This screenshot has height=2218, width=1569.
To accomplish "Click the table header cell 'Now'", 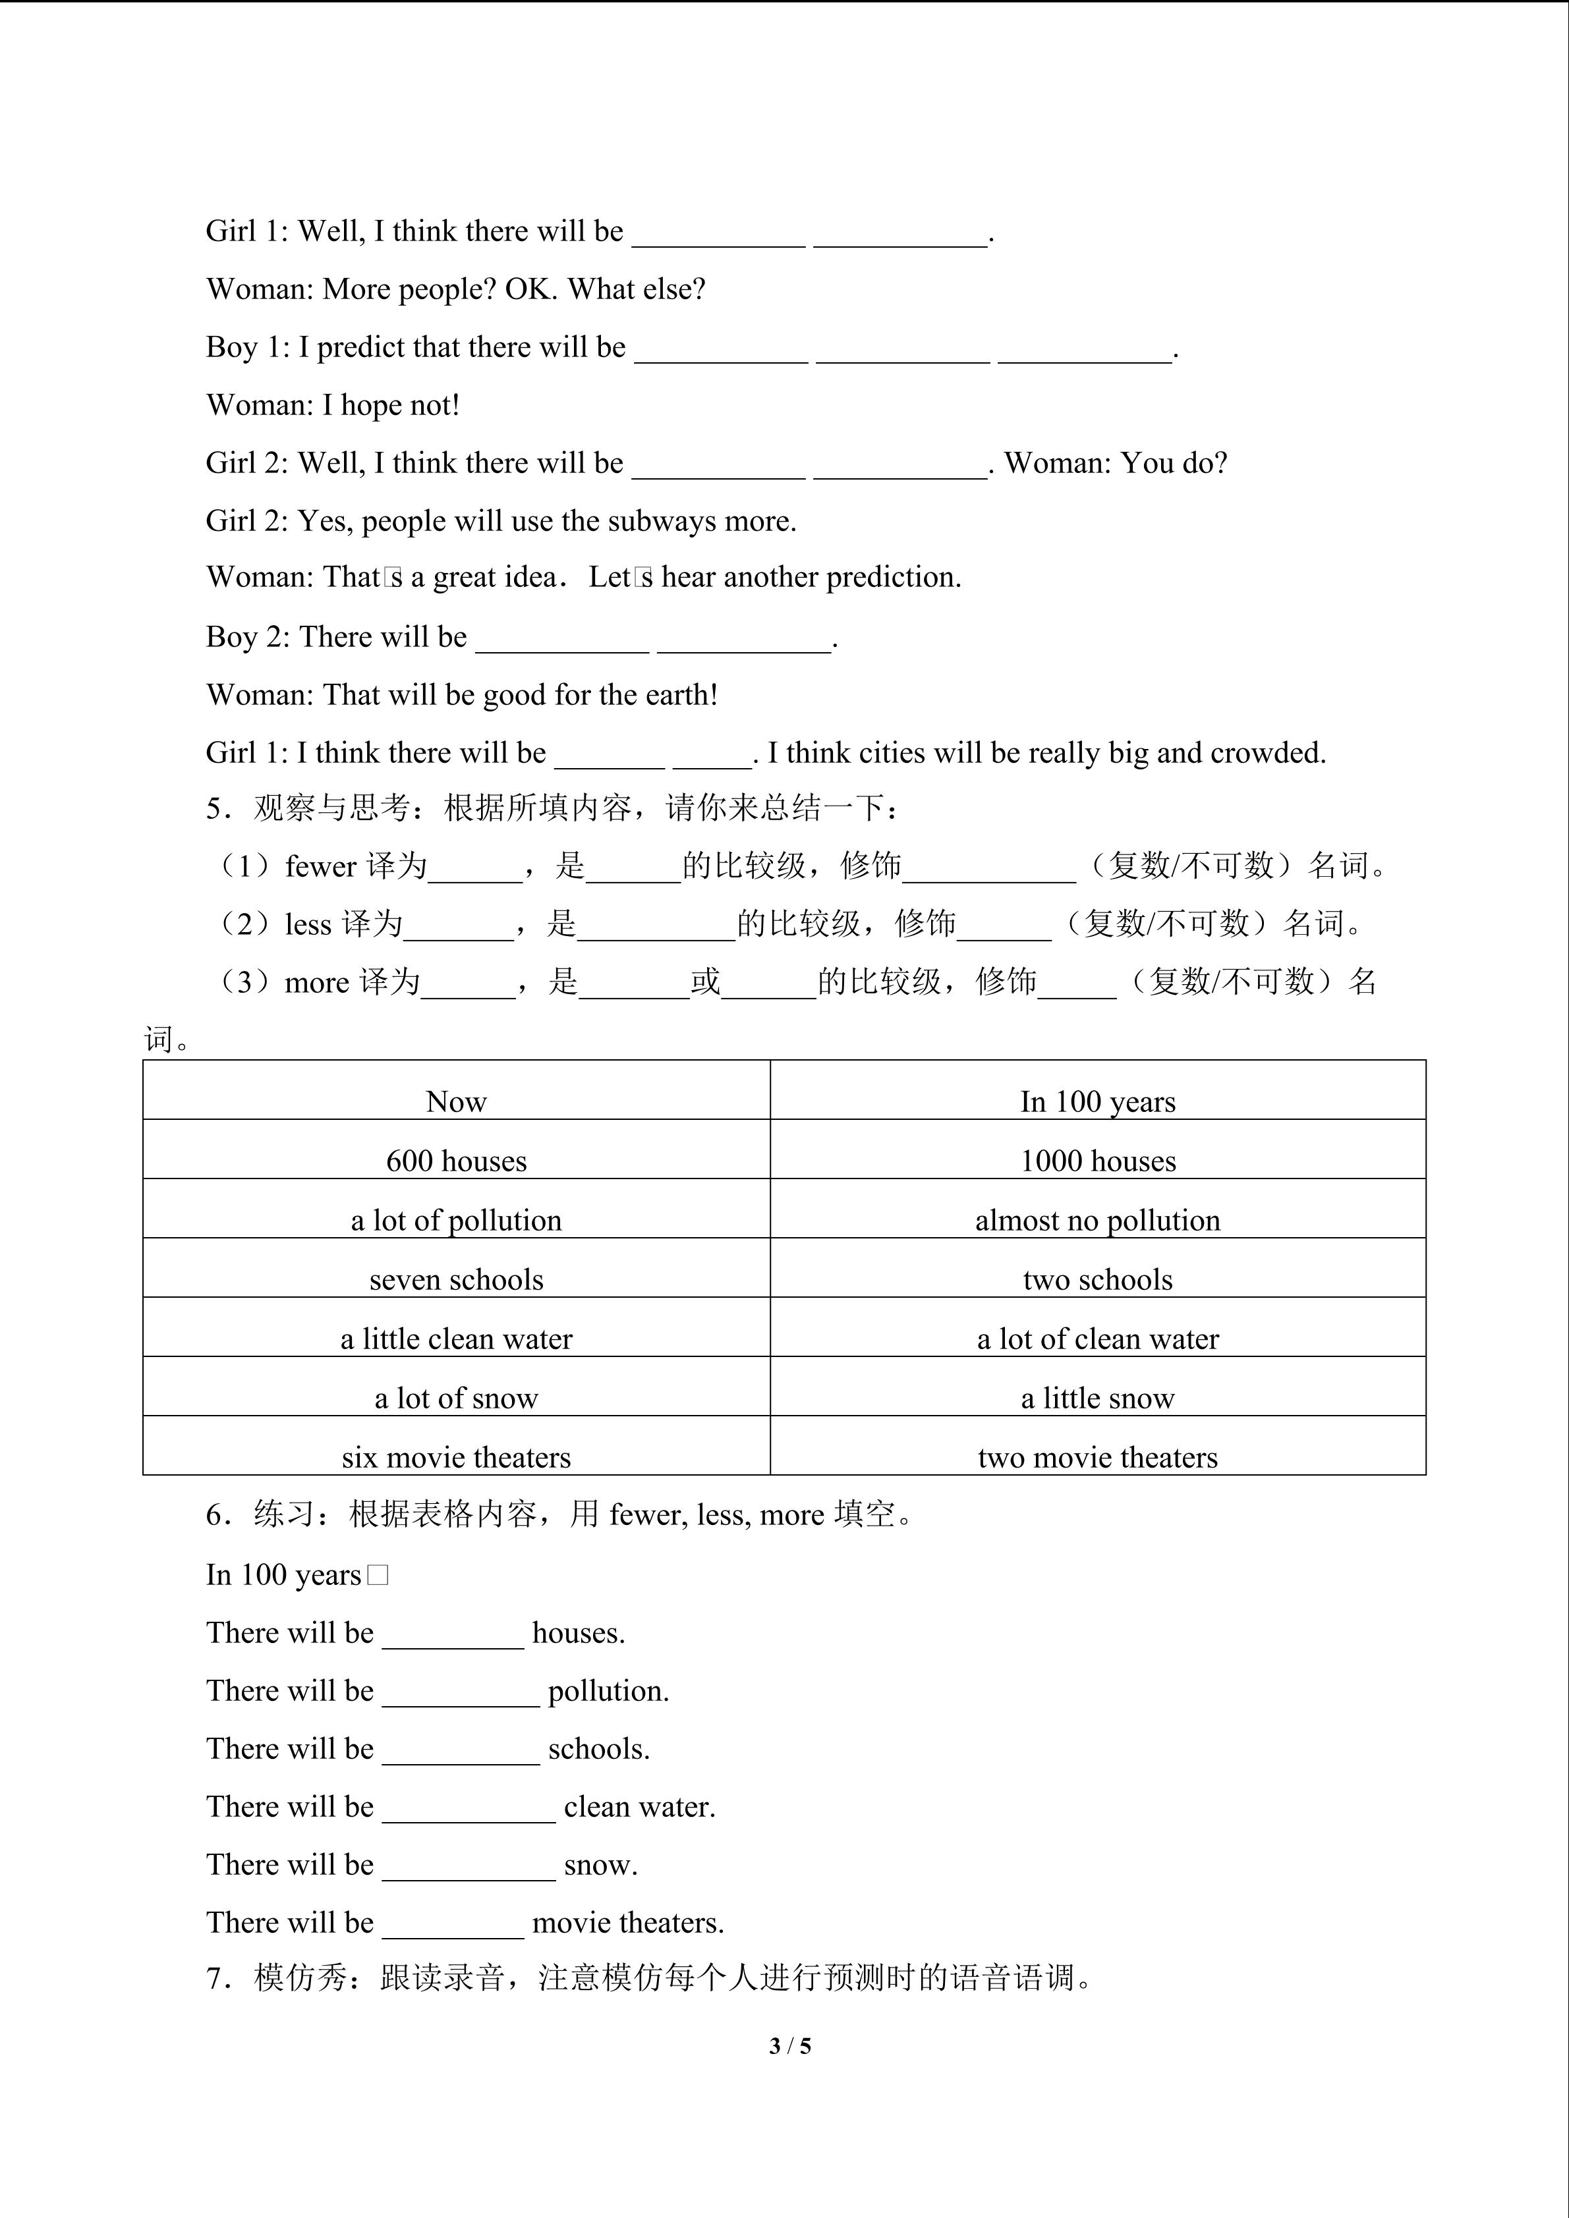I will [x=456, y=1101].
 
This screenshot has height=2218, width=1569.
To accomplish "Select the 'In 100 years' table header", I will [x=1098, y=1101].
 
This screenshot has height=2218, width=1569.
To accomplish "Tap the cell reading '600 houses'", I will [x=456, y=1160].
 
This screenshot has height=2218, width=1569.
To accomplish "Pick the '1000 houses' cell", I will [x=1098, y=1160].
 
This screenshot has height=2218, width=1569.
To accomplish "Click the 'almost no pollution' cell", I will [x=1098, y=1220].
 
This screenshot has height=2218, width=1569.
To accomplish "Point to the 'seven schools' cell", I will [x=456, y=1279].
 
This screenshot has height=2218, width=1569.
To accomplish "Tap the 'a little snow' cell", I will [x=1098, y=1398].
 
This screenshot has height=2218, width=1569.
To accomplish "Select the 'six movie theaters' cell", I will [x=456, y=1456].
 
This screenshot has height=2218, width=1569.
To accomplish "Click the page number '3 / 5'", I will [x=789, y=2045].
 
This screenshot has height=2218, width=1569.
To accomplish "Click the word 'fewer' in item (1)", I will [x=321, y=866].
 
